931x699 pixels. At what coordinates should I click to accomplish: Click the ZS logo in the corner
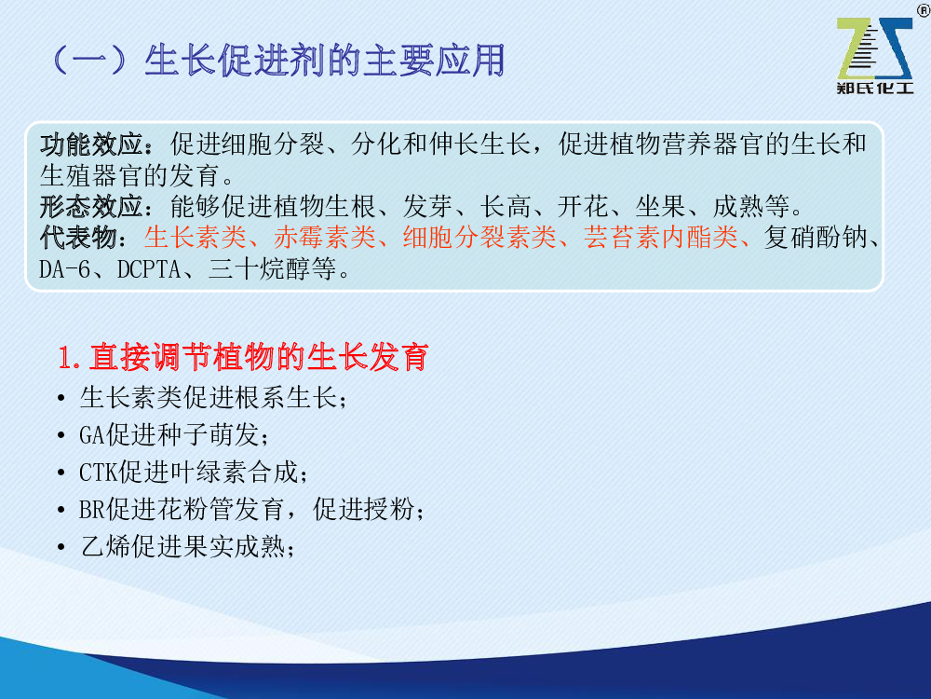[x=874, y=49]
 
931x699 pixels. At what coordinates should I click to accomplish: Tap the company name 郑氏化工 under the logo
[x=874, y=89]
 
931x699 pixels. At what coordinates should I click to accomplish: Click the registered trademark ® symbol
[x=924, y=10]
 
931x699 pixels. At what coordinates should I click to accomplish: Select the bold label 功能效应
[x=91, y=144]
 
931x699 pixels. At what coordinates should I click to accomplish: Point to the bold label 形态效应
[x=91, y=206]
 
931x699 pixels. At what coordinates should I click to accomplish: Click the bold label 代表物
[x=78, y=237]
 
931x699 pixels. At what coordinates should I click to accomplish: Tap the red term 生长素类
[x=196, y=237]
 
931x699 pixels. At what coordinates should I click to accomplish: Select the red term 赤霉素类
[x=325, y=237]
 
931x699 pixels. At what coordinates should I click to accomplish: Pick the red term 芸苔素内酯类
[x=661, y=237]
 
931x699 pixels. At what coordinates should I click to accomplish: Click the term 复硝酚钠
[x=816, y=237]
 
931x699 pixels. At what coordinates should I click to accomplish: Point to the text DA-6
[x=65, y=269]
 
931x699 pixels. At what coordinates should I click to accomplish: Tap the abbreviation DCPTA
[x=149, y=269]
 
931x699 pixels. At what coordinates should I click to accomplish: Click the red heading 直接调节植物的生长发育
[x=259, y=357]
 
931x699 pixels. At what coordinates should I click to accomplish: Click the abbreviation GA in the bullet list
[x=92, y=435]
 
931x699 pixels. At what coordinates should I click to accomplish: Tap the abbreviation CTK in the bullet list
[x=99, y=473]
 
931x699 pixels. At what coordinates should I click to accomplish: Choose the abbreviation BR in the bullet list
[x=92, y=510]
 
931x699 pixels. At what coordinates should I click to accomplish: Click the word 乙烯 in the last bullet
[x=105, y=547]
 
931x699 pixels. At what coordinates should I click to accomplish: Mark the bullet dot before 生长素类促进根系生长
[x=61, y=398]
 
